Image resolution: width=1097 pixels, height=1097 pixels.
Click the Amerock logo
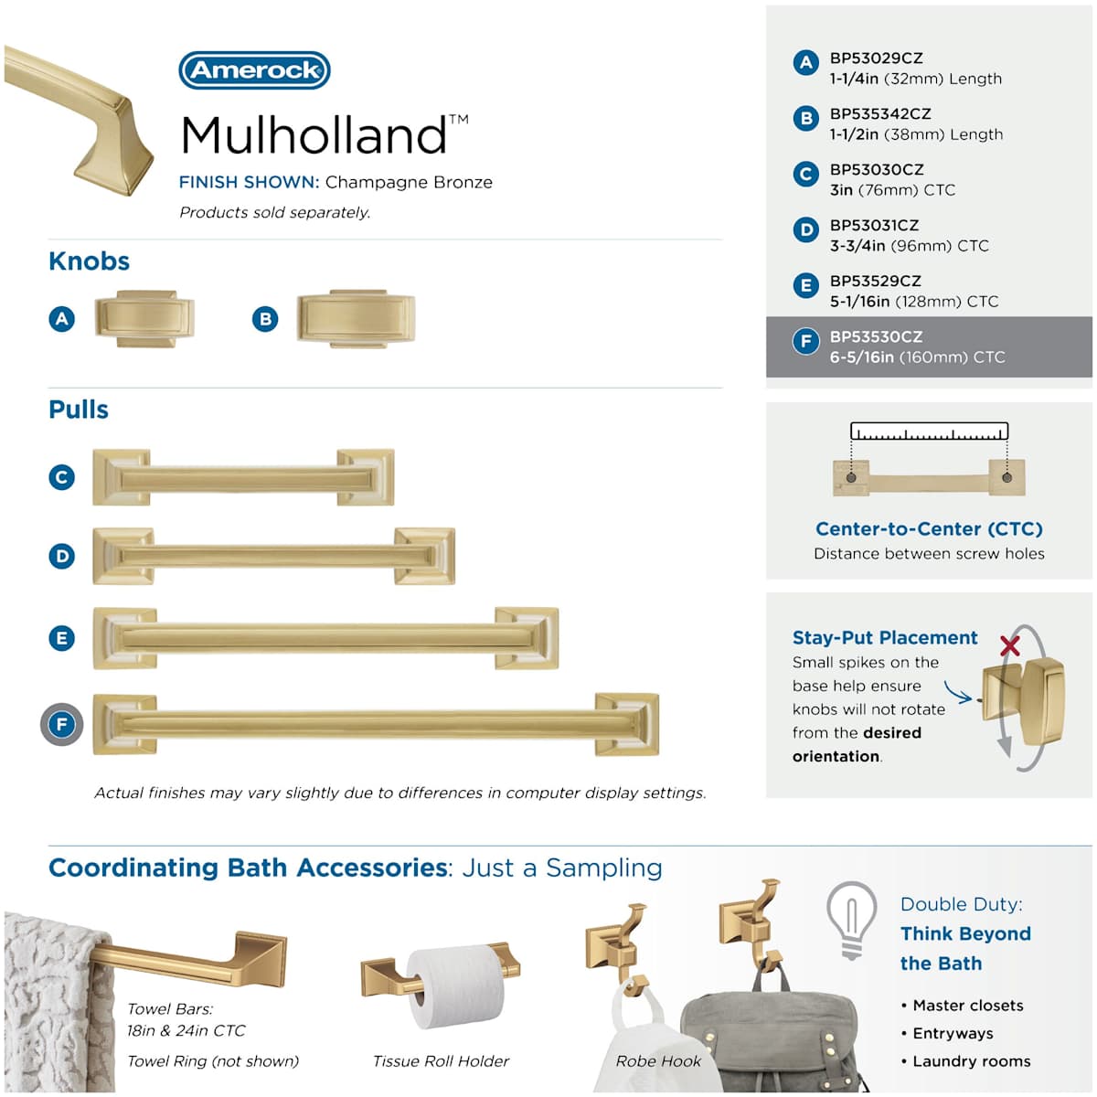pyautogui.click(x=254, y=70)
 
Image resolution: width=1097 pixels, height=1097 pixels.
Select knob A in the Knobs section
pyautogui.click(x=144, y=318)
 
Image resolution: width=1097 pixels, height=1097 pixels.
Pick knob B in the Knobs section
pyautogui.click(x=357, y=318)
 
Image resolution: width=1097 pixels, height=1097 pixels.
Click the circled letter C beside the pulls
pyautogui.click(x=61, y=477)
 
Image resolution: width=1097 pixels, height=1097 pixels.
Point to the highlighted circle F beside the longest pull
pyautogui.click(x=61, y=725)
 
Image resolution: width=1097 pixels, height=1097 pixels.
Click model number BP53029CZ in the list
pyautogui.click(x=876, y=59)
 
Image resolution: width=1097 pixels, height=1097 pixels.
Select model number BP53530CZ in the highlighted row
pyautogui.click(x=876, y=336)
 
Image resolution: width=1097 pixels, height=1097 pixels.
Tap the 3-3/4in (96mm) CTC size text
pyautogui.click(x=909, y=246)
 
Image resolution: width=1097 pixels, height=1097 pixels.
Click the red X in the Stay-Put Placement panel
pyautogui.click(x=1010, y=645)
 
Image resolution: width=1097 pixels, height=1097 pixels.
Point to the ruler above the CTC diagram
pyautogui.click(x=929, y=431)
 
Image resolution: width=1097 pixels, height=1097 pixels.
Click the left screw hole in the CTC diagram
pyautogui.click(x=851, y=477)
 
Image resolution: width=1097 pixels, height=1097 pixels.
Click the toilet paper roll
pyautogui.click(x=455, y=986)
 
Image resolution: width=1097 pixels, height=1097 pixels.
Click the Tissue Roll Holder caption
pyautogui.click(x=441, y=1061)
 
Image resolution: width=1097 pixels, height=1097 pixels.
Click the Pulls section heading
pyautogui.click(x=79, y=410)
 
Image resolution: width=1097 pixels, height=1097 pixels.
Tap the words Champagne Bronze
pyautogui.click(x=409, y=182)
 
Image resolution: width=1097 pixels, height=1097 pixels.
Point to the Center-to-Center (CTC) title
pyautogui.click(x=929, y=529)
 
